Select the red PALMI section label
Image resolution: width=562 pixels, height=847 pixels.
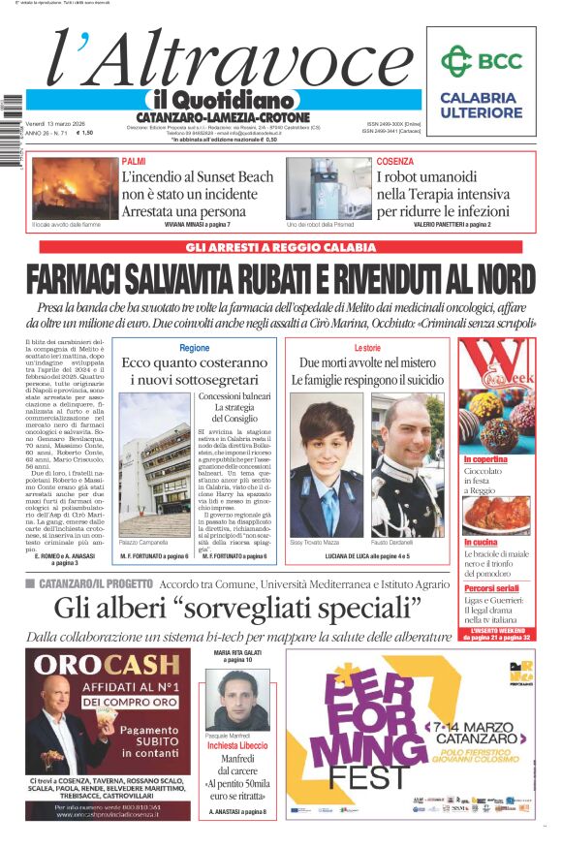134,162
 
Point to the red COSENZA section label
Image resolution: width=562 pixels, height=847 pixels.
395,162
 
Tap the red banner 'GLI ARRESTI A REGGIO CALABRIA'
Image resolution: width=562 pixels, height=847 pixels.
280,248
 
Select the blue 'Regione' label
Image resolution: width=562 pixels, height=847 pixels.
194,348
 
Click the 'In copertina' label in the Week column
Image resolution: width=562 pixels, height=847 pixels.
485,459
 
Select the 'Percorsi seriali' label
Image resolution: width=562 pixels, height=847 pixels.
491,588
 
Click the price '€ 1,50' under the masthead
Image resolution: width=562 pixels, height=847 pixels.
85,133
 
